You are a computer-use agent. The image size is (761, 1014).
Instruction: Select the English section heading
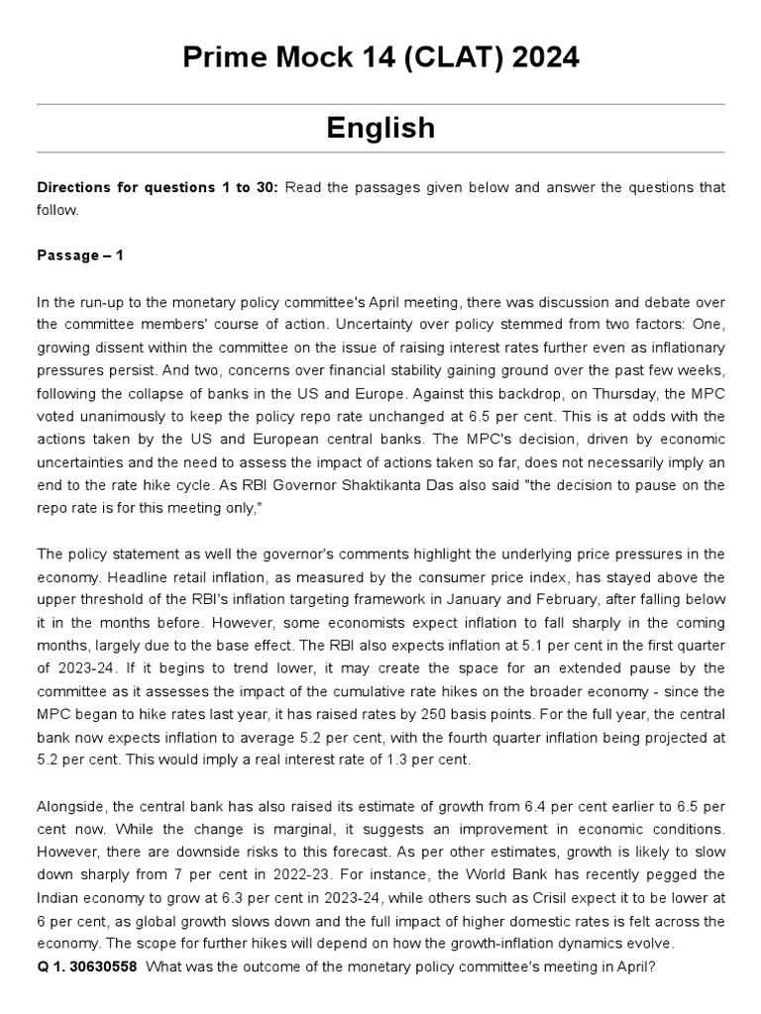(x=380, y=128)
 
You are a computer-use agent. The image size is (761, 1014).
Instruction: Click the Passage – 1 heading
(x=80, y=254)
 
